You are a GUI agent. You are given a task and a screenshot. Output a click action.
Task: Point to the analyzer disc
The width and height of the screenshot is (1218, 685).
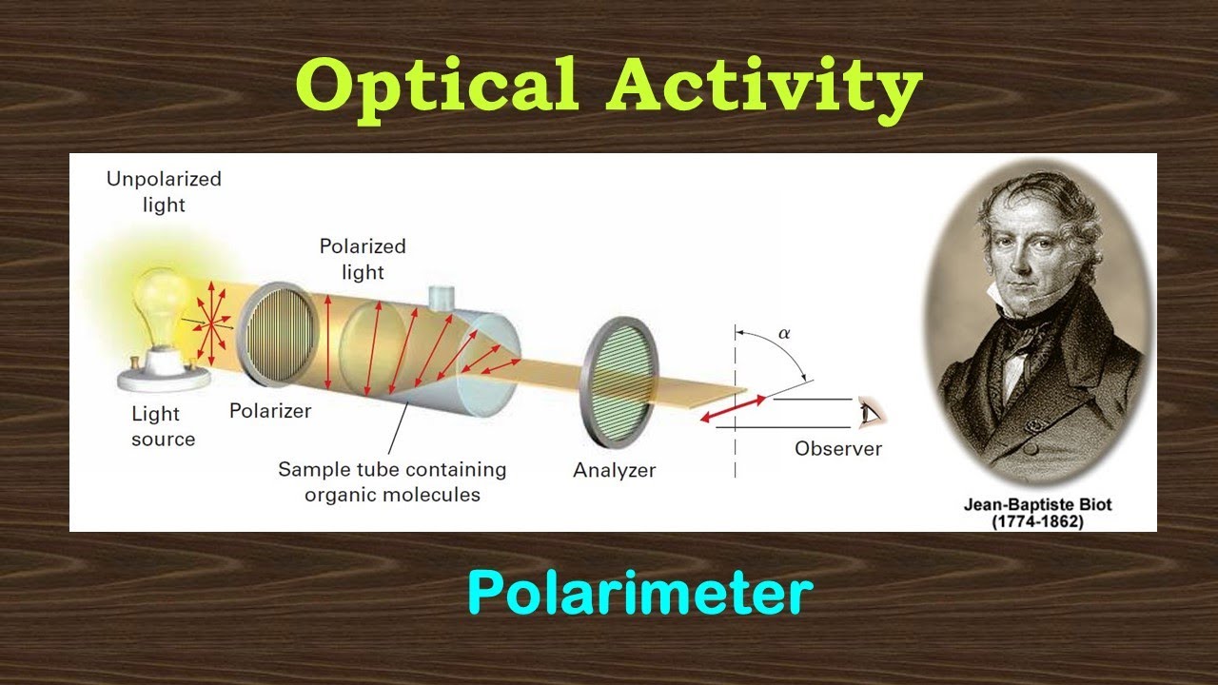(619, 382)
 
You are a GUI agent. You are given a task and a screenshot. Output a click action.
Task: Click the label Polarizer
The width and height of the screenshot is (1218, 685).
(270, 412)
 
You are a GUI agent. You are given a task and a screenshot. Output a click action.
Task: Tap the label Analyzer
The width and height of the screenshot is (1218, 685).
(614, 470)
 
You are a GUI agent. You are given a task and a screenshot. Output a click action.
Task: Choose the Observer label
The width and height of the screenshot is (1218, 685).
(838, 449)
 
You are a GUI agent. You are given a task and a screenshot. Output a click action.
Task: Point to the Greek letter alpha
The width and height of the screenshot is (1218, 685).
(784, 334)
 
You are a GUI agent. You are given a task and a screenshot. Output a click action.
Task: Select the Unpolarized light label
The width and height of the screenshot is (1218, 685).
(163, 191)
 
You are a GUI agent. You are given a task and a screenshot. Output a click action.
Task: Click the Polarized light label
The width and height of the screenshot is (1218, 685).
(363, 259)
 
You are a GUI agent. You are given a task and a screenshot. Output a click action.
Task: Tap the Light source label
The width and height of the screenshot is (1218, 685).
(163, 426)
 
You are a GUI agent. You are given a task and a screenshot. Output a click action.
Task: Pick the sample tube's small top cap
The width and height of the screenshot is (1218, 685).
(442, 297)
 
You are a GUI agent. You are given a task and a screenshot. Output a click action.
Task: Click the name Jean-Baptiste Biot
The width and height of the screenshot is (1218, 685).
(1037, 504)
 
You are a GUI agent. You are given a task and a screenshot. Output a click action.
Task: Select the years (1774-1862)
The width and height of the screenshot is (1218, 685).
(1037, 522)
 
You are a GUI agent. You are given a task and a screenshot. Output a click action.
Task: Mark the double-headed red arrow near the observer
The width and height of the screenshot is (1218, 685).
(734, 406)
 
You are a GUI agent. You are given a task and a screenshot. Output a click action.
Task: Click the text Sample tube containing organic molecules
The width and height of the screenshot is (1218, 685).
(392, 481)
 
